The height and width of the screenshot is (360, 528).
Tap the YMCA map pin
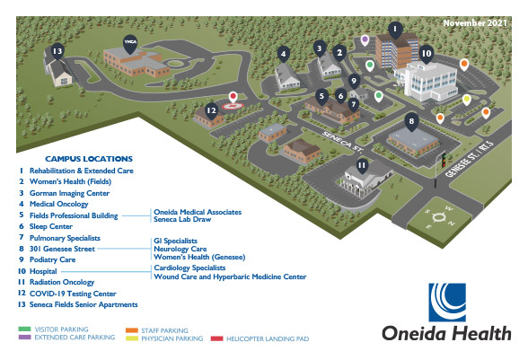click(x=130, y=43)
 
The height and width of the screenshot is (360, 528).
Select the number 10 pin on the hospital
click(x=427, y=54)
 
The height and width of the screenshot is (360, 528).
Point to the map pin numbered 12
click(x=211, y=110)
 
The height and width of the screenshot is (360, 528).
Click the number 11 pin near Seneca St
click(x=361, y=165)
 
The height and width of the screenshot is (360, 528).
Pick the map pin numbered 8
click(x=411, y=121)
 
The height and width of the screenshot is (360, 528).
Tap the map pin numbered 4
click(x=284, y=54)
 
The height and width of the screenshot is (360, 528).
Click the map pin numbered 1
click(x=392, y=29)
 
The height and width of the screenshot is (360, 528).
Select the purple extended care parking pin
click(x=365, y=40)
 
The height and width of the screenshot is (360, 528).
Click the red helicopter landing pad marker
click(x=235, y=97)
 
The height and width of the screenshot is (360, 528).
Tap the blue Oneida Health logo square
click(x=445, y=303)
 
